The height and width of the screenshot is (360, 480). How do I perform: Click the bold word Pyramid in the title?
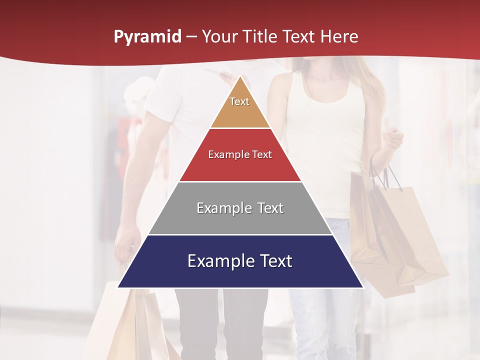click(147, 37)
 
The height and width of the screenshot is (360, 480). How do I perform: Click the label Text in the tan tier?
click(239, 101)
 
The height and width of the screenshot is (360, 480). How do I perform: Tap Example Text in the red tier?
click(240, 154)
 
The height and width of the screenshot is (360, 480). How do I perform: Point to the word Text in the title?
click(298, 37)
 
